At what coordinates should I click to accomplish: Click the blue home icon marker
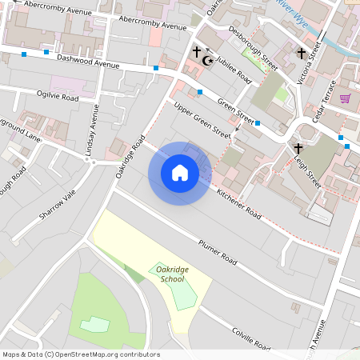(180, 173)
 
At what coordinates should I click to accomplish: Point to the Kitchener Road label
(239, 205)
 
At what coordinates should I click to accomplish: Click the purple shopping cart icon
(346, 98)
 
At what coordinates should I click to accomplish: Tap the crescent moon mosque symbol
(210, 60)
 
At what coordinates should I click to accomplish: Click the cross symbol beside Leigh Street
(298, 149)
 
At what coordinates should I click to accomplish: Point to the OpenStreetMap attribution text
(81, 354)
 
